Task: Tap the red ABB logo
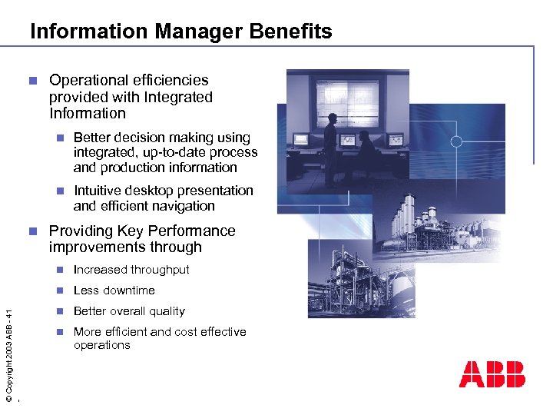click(492, 373)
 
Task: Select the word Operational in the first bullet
click(84, 80)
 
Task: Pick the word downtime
click(127, 290)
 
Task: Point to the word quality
click(167, 311)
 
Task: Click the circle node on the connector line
click(456, 141)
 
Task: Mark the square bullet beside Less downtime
click(62, 290)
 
